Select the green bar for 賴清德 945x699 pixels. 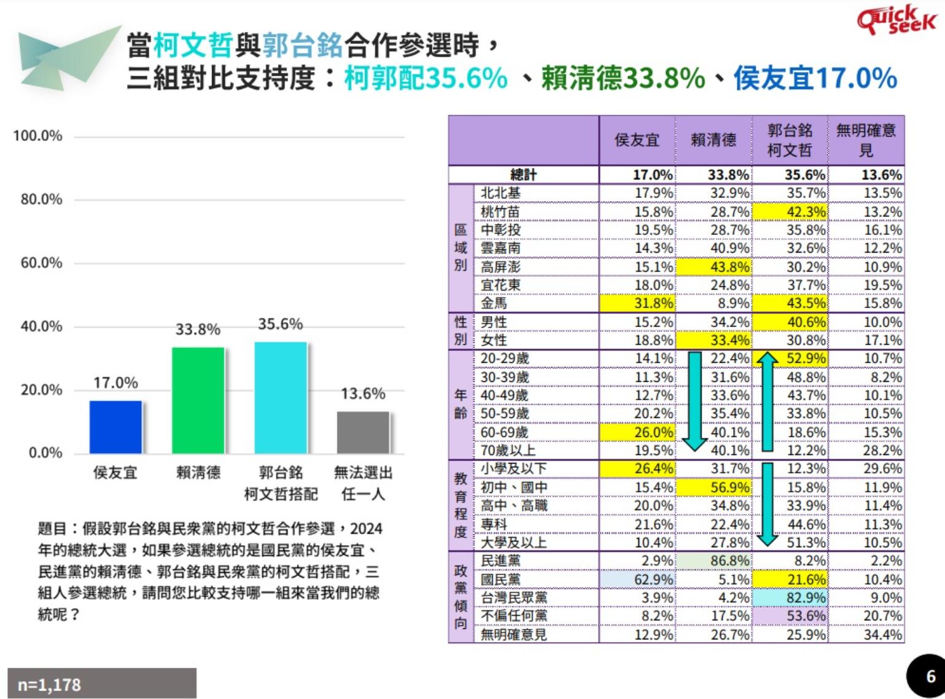click(x=198, y=400)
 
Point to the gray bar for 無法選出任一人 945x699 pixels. click(x=363, y=432)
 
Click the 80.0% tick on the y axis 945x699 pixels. click(x=41, y=199)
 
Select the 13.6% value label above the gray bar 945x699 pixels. click(x=363, y=393)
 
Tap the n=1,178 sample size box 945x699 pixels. click(x=102, y=684)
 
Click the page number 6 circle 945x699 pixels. click(x=928, y=677)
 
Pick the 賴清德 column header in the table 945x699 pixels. click(x=713, y=140)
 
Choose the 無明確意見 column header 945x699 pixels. click(x=866, y=140)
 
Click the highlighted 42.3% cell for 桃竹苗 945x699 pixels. click(x=791, y=212)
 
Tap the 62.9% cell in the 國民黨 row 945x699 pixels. click(x=638, y=579)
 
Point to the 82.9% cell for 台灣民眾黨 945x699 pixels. click(x=791, y=598)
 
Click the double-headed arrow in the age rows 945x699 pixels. click(x=767, y=401)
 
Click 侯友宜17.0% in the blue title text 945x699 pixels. click(x=815, y=79)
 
